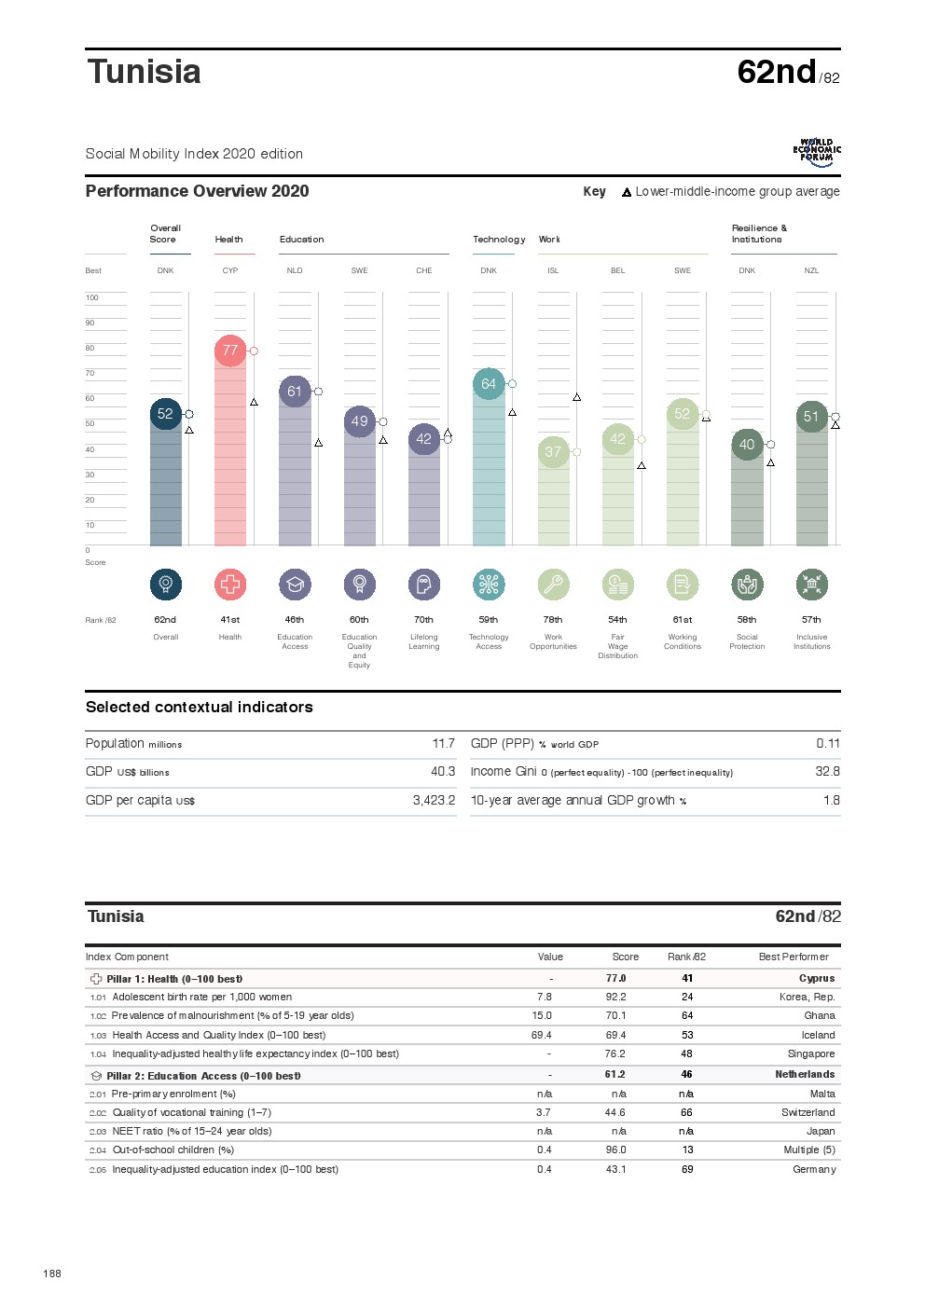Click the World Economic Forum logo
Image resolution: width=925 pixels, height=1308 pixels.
[817, 152]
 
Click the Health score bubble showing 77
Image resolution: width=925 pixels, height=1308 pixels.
[230, 351]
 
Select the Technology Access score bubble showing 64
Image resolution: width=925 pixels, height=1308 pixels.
[489, 384]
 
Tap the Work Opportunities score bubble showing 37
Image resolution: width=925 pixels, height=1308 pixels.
[553, 452]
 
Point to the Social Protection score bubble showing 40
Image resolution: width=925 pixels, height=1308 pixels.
[747, 445]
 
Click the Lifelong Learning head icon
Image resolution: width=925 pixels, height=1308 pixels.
[424, 585]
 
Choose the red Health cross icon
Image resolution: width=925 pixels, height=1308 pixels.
[230, 585]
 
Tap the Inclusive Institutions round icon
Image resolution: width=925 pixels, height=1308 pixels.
[811, 585]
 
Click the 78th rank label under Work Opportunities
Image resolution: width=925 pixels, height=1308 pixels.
[553, 620]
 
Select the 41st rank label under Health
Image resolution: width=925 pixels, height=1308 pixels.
[230, 620]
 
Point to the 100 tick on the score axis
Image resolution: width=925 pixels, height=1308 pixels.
[91, 298]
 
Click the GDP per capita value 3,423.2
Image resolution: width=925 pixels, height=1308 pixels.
[434, 801]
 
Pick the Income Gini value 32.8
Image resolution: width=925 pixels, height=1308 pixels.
[827, 772]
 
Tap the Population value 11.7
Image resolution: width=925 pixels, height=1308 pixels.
[443, 744]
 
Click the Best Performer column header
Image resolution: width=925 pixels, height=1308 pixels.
[794, 957]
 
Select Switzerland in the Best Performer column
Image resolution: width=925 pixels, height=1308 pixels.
[808, 1113]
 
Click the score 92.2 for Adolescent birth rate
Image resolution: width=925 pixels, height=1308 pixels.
[615, 998]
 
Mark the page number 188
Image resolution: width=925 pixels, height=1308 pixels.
[52, 1274]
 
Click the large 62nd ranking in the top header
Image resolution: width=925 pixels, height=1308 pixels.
[776, 72]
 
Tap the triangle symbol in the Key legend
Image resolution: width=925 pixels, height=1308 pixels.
[627, 193]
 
